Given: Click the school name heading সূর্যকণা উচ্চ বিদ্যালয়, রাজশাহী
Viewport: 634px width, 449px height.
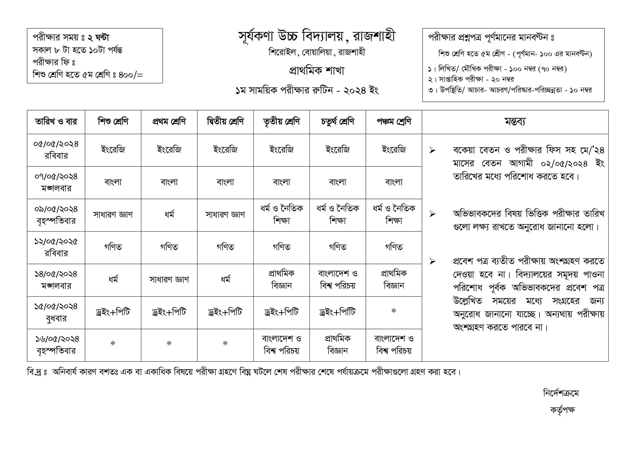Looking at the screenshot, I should [x=317, y=37].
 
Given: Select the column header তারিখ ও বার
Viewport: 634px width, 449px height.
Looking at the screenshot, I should [x=56, y=122].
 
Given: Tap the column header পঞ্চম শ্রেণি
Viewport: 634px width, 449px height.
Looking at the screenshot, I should [x=394, y=122].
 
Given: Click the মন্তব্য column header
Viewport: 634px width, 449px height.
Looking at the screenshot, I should [x=515, y=122].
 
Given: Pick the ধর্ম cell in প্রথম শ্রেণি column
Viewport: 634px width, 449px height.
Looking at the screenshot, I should [x=169, y=214].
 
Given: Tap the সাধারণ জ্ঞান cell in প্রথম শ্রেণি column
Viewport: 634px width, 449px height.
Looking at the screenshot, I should [x=169, y=279].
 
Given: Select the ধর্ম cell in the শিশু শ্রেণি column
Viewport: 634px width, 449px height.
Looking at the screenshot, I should [x=113, y=279].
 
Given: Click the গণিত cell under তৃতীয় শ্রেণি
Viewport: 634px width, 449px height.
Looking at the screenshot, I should [x=281, y=247].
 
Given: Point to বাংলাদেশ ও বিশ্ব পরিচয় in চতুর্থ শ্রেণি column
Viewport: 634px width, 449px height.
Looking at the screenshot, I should [x=338, y=279].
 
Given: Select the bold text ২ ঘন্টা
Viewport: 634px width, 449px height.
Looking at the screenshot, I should [x=98, y=37].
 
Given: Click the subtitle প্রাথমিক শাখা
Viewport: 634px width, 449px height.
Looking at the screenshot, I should [x=317, y=71].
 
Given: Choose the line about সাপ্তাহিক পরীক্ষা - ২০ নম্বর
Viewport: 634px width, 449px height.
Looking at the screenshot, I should [x=471, y=80].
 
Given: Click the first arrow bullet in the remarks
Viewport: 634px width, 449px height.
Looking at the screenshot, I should [x=432, y=150].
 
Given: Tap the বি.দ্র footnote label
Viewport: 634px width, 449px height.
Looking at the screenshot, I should [x=37, y=372].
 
